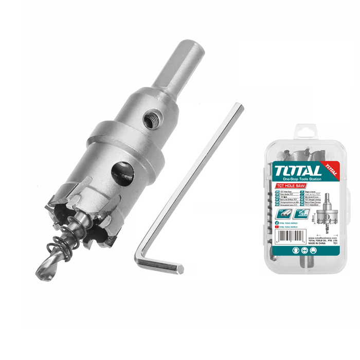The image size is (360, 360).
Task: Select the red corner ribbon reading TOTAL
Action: click(x=330, y=169)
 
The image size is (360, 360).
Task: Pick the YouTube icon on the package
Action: click(x=277, y=227)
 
